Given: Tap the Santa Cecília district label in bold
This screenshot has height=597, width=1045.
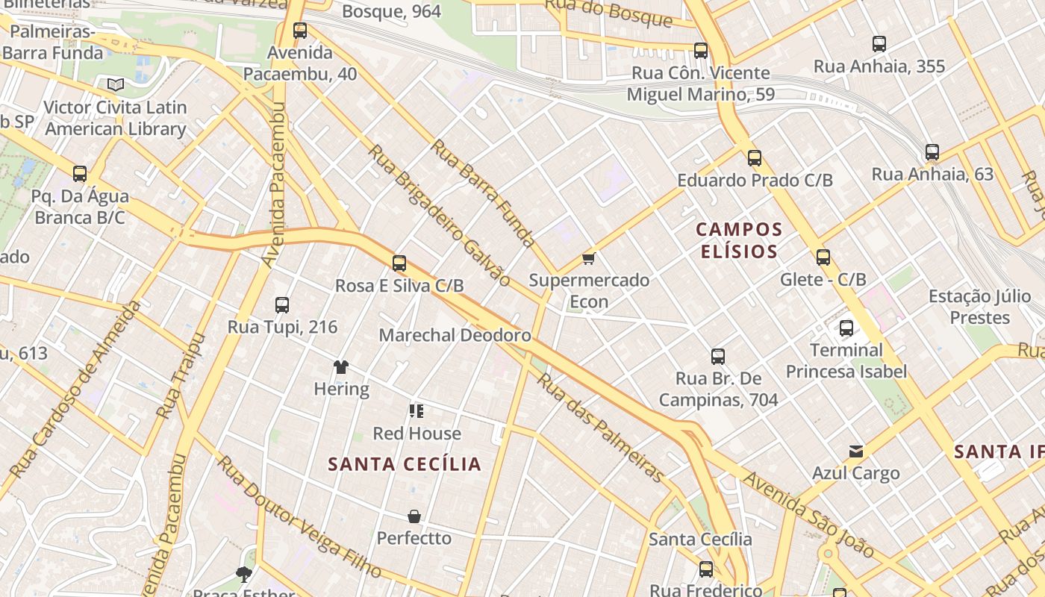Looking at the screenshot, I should click(x=405, y=464).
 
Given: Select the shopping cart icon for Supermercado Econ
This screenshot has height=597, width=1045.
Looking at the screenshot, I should click(x=589, y=259).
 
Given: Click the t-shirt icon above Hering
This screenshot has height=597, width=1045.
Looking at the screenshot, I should click(x=341, y=367).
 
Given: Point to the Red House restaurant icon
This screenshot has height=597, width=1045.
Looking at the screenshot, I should click(x=417, y=410).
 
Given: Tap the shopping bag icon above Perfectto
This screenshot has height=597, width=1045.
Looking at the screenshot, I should click(x=414, y=516).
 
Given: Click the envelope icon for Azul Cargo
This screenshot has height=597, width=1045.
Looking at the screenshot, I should click(x=856, y=451).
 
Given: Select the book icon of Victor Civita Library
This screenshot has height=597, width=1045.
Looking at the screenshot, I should click(x=115, y=85).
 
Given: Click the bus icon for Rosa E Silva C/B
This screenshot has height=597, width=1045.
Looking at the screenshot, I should click(x=399, y=263).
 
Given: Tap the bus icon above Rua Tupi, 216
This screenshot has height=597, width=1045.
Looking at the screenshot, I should click(x=282, y=305).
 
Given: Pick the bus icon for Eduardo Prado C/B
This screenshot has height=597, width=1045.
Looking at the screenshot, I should click(x=755, y=158).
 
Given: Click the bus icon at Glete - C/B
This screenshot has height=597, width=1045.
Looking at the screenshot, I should click(x=823, y=257).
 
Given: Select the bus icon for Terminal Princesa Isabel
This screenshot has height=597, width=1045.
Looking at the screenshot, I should click(x=846, y=328).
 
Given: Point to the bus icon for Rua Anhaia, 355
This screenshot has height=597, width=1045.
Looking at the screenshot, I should click(x=879, y=44).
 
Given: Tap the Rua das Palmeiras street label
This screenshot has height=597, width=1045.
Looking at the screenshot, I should click(x=601, y=427).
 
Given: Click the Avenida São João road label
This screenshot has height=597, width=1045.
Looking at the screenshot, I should click(x=809, y=515).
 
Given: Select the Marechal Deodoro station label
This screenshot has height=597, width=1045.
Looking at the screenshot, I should click(x=455, y=335).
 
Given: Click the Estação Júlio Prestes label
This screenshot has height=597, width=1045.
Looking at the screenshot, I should click(x=979, y=307).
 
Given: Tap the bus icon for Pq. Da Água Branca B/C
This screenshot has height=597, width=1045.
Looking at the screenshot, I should click(x=80, y=174).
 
